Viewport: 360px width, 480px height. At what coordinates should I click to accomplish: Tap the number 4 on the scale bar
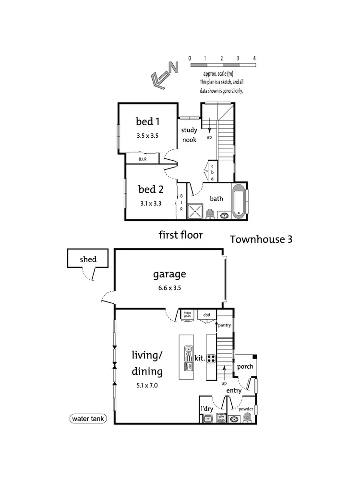pos(254,58)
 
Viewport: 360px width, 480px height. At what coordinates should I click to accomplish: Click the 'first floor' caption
pos(180,235)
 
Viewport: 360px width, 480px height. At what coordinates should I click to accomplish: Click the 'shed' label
pos(88,260)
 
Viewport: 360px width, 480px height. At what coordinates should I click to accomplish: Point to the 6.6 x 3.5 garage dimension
pos(169,288)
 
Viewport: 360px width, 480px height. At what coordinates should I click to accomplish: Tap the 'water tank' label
pos(87,419)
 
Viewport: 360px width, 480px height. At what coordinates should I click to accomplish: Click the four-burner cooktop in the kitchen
pos(211,358)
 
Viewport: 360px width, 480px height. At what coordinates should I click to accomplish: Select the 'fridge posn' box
pos(187,314)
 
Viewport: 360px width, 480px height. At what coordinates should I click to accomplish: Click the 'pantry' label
pos(224,325)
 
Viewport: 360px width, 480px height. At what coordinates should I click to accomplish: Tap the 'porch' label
pos(244,367)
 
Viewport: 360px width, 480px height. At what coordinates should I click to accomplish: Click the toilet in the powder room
pos(247,418)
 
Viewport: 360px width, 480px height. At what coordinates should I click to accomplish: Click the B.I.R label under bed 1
pos(143,159)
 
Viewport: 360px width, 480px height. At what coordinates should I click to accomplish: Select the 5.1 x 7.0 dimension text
pos(146,384)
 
